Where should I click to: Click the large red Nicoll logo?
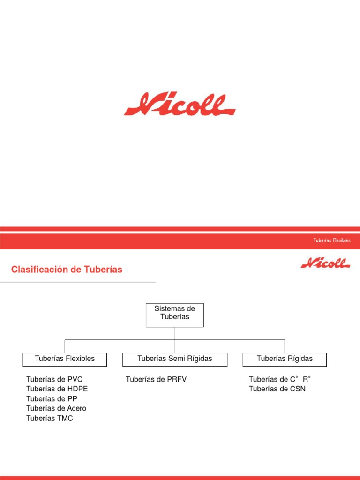(x=180, y=105)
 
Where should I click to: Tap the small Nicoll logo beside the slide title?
(x=325, y=263)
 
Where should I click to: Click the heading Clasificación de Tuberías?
(x=67, y=270)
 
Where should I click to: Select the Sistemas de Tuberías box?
(x=175, y=315)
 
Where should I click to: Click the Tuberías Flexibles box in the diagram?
(x=65, y=359)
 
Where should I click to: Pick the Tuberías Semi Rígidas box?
(x=175, y=359)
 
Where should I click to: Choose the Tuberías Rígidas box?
(x=285, y=359)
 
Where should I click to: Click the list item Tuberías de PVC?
(x=54, y=379)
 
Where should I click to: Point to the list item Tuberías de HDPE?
(x=57, y=389)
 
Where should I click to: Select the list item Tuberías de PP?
(x=52, y=399)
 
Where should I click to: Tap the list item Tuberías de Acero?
(x=56, y=409)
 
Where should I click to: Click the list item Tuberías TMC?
(x=50, y=419)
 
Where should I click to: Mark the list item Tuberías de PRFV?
(x=156, y=379)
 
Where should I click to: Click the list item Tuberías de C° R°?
(x=280, y=379)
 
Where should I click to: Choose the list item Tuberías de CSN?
(x=277, y=389)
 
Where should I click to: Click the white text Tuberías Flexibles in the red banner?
(x=332, y=240)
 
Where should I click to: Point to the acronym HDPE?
(x=77, y=389)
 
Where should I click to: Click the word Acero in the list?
(x=77, y=409)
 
